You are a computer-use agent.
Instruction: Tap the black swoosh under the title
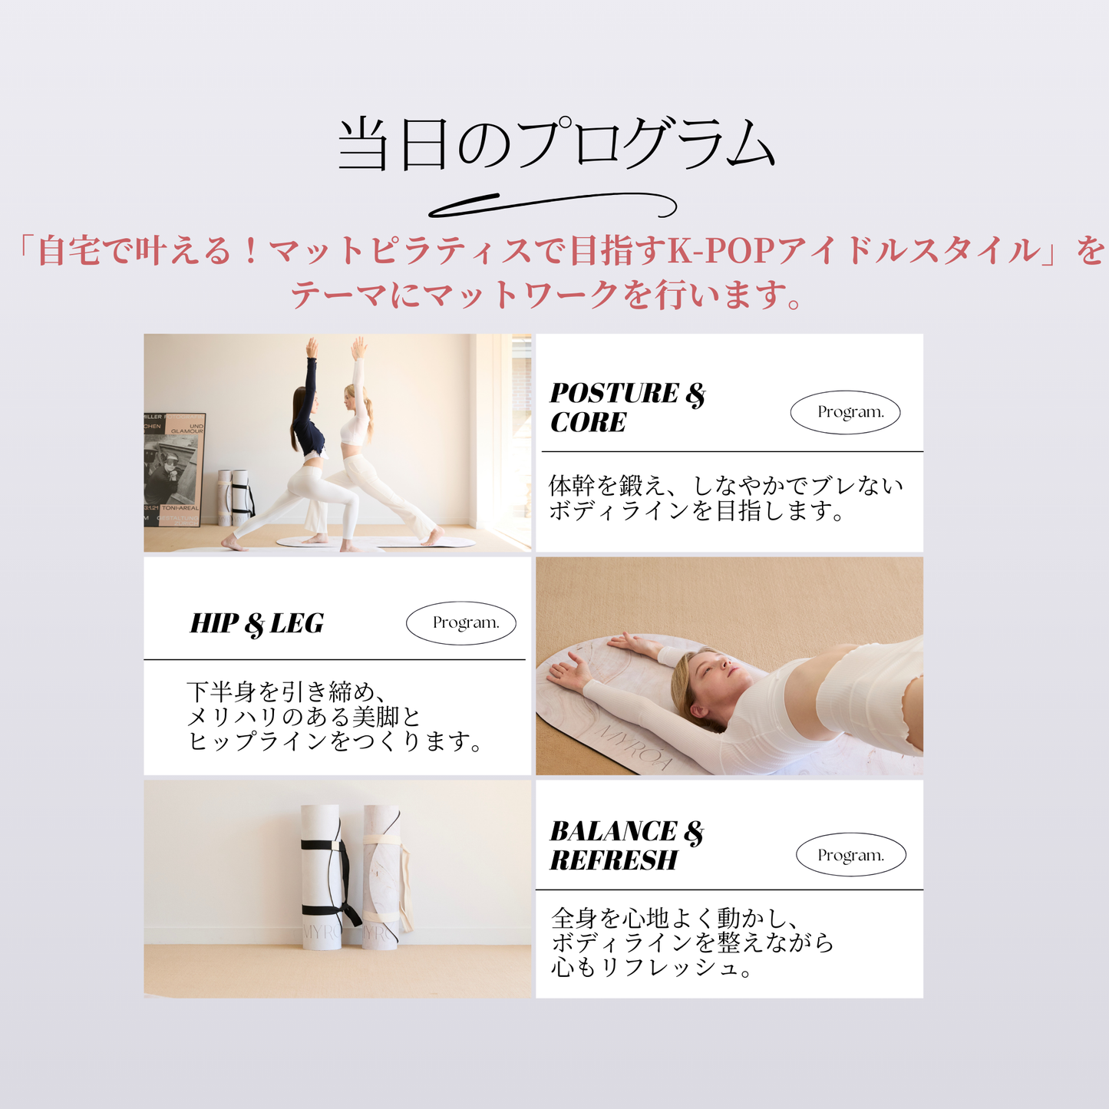tap(553, 206)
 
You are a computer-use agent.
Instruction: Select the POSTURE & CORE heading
tap(627, 408)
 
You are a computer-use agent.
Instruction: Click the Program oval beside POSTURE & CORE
tap(845, 412)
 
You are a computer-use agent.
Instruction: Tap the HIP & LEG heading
tap(256, 624)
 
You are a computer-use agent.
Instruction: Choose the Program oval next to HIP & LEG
tap(461, 622)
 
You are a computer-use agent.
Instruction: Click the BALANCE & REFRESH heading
tap(627, 846)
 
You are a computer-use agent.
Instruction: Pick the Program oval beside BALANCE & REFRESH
tap(850, 855)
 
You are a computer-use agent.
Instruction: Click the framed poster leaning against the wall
tap(173, 469)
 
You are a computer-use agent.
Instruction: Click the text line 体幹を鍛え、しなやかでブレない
tap(726, 486)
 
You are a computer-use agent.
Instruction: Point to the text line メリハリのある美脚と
tap(304, 717)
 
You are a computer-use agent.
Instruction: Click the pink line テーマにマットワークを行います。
tap(546, 295)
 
